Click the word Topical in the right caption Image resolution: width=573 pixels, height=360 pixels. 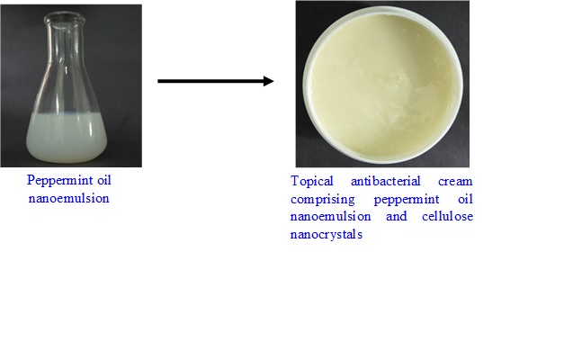(x=312, y=182)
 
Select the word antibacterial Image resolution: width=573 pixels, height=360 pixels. (x=386, y=181)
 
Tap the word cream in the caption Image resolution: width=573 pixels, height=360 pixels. (x=455, y=181)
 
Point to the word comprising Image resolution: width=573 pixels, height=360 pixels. (x=322, y=200)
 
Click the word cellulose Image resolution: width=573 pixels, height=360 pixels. (x=447, y=216)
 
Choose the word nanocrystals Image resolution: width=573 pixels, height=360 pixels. (x=327, y=234)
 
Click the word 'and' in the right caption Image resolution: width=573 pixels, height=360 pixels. (x=397, y=216)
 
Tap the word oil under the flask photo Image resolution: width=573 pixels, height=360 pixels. (x=104, y=180)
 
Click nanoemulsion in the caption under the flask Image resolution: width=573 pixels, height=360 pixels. (x=68, y=199)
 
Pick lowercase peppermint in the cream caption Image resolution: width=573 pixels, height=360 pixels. (x=407, y=200)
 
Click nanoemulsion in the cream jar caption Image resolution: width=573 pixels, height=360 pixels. (x=330, y=216)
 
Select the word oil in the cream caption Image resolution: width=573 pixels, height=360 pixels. (x=466, y=199)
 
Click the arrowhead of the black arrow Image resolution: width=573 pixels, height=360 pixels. (x=269, y=81)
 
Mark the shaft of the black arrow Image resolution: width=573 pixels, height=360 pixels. (x=210, y=81)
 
